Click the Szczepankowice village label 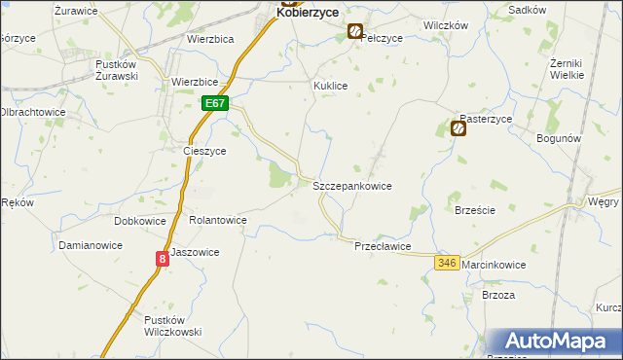(351, 185)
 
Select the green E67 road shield (215, 103)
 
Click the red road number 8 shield (162, 258)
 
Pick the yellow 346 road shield (447, 264)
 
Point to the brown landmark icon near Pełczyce (355, 32)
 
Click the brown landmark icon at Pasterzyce (458, 127)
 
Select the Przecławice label (383, 247)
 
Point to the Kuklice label (330, 86)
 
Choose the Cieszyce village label (204, 152)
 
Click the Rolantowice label (217, 221)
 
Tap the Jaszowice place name (195, 252)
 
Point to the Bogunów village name (559, 139)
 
